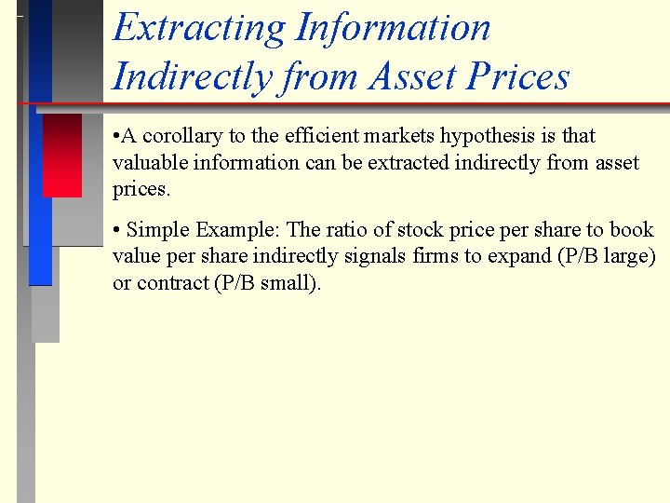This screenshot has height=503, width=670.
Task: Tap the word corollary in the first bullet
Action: pyautogui.click(x=182, y=136)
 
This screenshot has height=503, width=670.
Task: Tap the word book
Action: pyautogui.click(x=632, y=230)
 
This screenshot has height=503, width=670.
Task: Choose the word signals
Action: pyautogui.click(x=375, y=256)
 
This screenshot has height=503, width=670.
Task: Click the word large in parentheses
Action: pyautogui.click(x=630, y=257)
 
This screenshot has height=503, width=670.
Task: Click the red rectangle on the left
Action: pyautogui.click(x=62, y=155)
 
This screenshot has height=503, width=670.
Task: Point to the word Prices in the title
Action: pyautogui.click(x=517, y=75)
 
